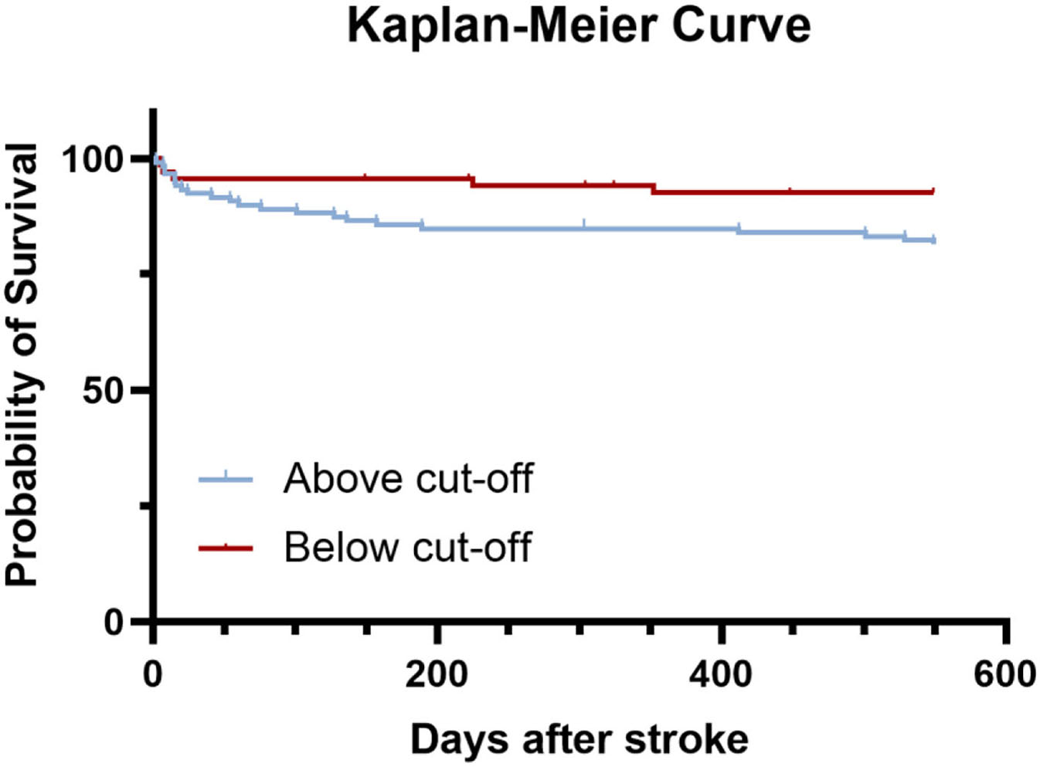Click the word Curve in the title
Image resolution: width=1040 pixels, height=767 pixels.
(x=741, y=25)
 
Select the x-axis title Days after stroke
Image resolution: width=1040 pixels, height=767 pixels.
(x=579, y=739)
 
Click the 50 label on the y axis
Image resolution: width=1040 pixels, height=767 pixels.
(x=103, y=391)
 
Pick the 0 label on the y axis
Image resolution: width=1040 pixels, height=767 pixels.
(x=114, y=622)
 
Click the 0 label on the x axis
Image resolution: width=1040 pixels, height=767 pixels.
(x=153, y=674)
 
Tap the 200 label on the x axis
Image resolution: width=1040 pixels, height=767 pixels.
(x=437, y=674)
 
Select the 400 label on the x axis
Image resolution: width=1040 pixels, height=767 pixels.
(x=720, y=674)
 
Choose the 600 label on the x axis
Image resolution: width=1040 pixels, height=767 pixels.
(x=1004, y=674)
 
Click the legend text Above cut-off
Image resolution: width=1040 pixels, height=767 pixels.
(x=408, y=478)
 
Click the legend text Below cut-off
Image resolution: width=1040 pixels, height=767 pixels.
(x=407, y=548)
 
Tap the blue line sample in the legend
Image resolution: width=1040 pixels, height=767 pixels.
(x=226, y=480)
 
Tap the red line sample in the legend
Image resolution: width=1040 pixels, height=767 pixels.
(x=226, y=548)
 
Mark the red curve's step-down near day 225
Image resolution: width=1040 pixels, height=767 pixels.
(x=471, y=182)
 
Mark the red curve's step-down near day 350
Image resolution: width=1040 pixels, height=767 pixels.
(x=653, y=188)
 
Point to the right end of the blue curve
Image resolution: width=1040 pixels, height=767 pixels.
(x=934, y=240)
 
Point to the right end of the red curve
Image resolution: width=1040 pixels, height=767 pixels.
(x=933, y=191)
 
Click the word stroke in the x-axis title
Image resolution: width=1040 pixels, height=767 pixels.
(x=686, y=739)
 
